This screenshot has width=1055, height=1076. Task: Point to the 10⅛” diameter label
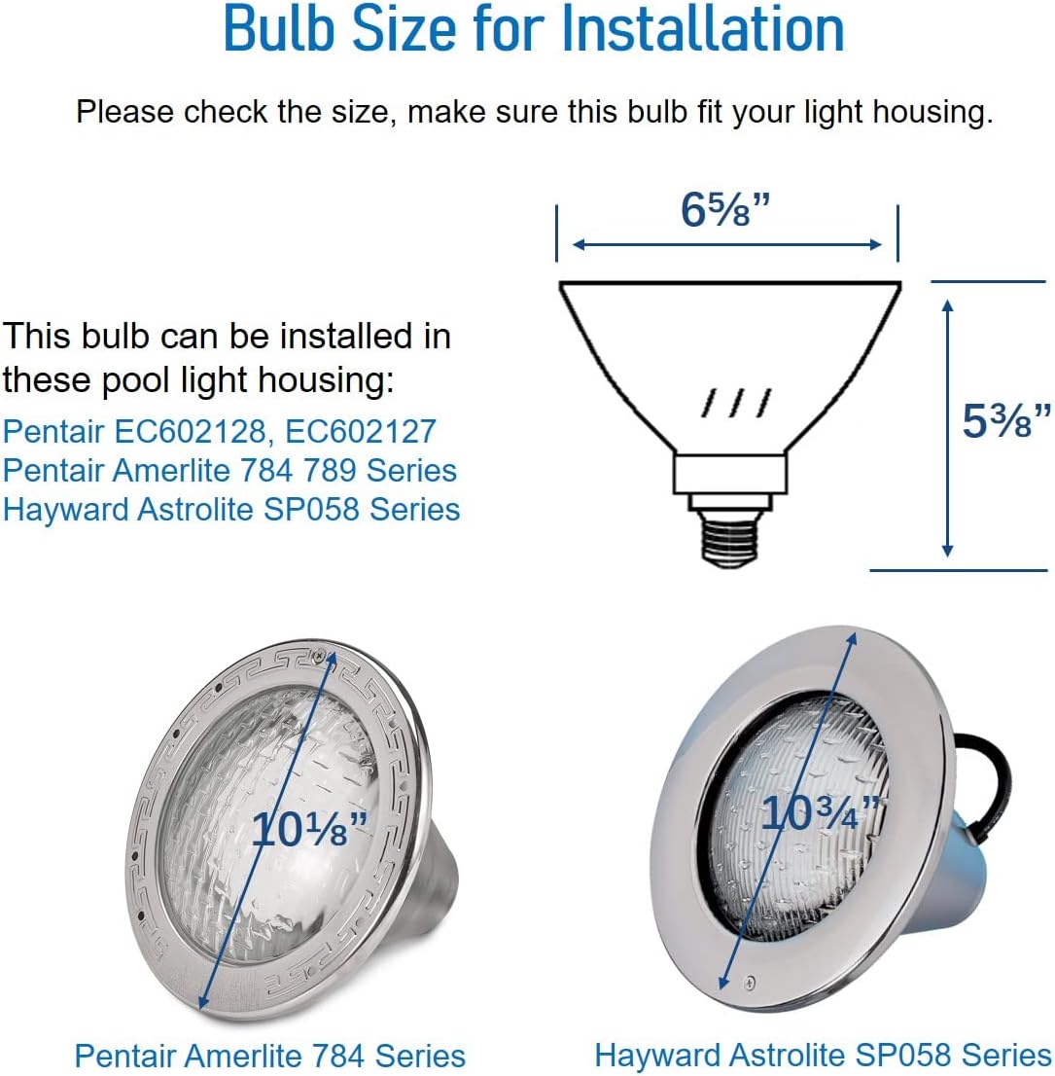pos(309,829)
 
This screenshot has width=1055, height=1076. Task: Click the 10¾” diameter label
pos(820,813)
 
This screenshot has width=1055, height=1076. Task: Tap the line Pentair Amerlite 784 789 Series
pos(229,470)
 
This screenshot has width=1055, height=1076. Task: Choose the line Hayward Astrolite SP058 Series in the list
pos(231,509)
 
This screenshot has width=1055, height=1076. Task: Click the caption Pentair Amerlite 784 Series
pos(269,1056)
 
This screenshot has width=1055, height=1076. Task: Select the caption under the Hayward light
pos(823,1056)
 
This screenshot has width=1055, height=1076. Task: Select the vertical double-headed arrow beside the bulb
pos(948,428)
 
